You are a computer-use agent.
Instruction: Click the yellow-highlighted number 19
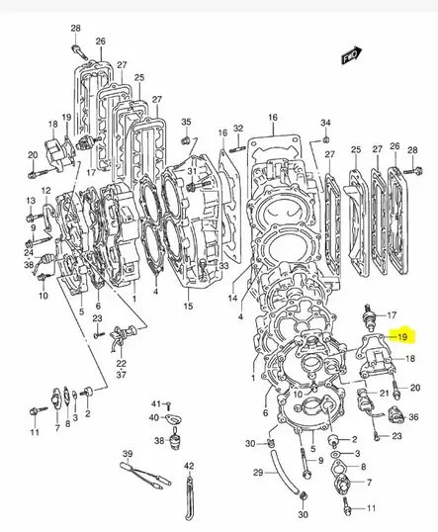[403, 335]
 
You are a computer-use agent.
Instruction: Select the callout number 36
[414, 418]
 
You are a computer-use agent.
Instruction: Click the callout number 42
[189, 464]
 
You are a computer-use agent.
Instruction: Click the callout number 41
[156, 404]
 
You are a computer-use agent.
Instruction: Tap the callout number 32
[238, 131]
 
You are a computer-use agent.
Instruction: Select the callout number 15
[188, 308]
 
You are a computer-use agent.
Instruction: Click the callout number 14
[232, 298]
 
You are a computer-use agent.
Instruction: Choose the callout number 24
[28, 252]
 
